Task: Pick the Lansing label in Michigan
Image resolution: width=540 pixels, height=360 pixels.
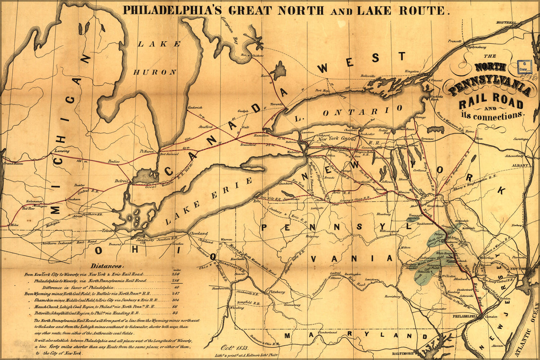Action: (62, 151)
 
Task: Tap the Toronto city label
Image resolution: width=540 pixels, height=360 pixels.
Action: (277, 104)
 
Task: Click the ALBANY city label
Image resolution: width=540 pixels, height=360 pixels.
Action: (519, 165)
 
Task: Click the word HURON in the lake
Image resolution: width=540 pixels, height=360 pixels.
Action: (155, 72)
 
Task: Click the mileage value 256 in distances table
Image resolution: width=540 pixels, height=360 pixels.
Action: (176, 274)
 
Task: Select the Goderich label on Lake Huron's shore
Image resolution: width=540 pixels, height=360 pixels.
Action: (195, 107)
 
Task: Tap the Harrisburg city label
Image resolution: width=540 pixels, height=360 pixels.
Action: (393, 297)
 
